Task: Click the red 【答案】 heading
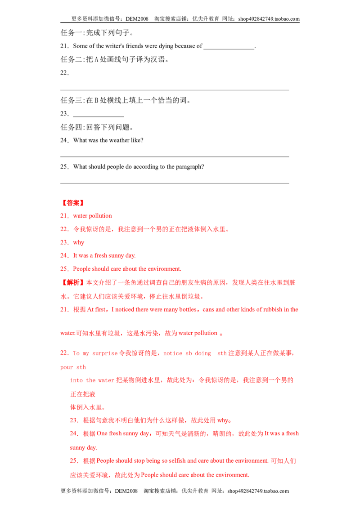(73, 203)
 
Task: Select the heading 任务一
(72, 33)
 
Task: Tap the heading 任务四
(72, 127)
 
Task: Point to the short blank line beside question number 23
(99, 116)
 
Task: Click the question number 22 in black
(64, 73)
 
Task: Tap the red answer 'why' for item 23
(79, 242)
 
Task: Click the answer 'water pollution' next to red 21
(93, 216)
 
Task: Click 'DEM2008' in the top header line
(137, 19)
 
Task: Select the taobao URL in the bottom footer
(258, 491)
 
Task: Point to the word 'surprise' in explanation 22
(105, 353)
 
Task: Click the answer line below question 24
(175, 156)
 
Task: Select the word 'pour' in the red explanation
(67, 367)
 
